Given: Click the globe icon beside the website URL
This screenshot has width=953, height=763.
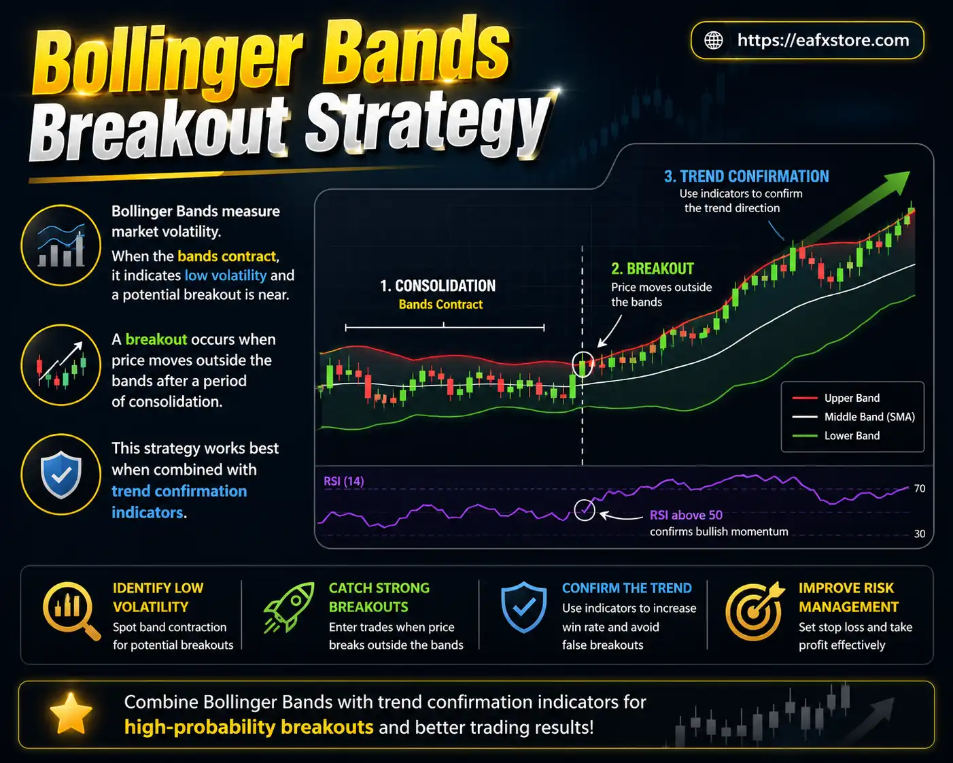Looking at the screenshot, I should [x=713, y=40].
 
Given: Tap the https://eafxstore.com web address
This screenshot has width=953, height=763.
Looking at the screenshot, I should [x=822, y=40].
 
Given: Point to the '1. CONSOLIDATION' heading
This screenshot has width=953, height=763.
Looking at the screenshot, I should [x=438, y=286].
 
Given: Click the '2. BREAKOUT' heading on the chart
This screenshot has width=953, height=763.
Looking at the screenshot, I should [x=652, y=269].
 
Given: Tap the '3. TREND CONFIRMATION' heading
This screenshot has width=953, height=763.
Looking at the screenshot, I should [x=746, y=176].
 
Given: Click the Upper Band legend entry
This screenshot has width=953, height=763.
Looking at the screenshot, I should [x=851, y=398].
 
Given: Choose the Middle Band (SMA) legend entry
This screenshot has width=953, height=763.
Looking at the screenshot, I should [x=869, y=417].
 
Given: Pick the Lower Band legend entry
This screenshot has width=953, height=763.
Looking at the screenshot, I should [x=851, y=436].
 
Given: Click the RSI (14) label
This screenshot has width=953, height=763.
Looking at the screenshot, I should [x=343, y=481].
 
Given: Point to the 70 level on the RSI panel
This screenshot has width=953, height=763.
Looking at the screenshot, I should [x=919, y=488].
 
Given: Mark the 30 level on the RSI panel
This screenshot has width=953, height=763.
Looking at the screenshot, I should [x=919, y=534].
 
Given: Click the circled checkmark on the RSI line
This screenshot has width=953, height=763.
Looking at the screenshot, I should [x=585, y=509].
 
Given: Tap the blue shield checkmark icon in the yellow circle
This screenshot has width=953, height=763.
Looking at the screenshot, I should [x=61, y=474].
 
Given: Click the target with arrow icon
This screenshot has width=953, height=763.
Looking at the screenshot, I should [x=753, y=611].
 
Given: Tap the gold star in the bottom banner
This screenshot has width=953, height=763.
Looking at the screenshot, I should [x=71, y=714].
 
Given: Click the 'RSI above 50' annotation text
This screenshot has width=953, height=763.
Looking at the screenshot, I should [x=685, y=515].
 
